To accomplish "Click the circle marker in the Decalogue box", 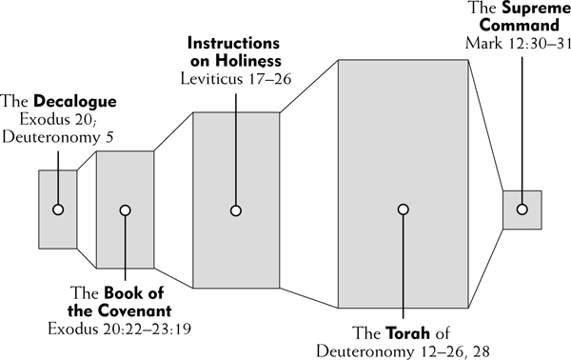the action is click(58, 210).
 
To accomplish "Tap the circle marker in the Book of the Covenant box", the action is click(125, 210).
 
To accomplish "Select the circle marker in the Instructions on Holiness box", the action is click(236, 210).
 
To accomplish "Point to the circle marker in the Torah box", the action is click(403, 210).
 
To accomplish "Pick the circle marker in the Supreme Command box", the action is click(522, 210).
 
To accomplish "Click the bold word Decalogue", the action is click(75, 101).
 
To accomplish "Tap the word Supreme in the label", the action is click(536, 9).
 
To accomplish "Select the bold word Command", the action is click(519, 26).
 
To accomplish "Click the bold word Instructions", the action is click(233, 43).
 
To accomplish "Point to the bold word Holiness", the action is click(247, 61).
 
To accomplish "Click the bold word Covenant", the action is click(133, 310).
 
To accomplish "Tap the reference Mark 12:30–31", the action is click(518, 44).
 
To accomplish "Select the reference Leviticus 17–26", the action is click(236, 79).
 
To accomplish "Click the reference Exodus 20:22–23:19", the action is click(120, 329).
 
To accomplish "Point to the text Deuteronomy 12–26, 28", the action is click(403, 351).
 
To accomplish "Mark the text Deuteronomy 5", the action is click(58, 137).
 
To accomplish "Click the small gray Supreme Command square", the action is click(522, 210).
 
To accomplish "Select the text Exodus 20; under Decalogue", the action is click(57, 119).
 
